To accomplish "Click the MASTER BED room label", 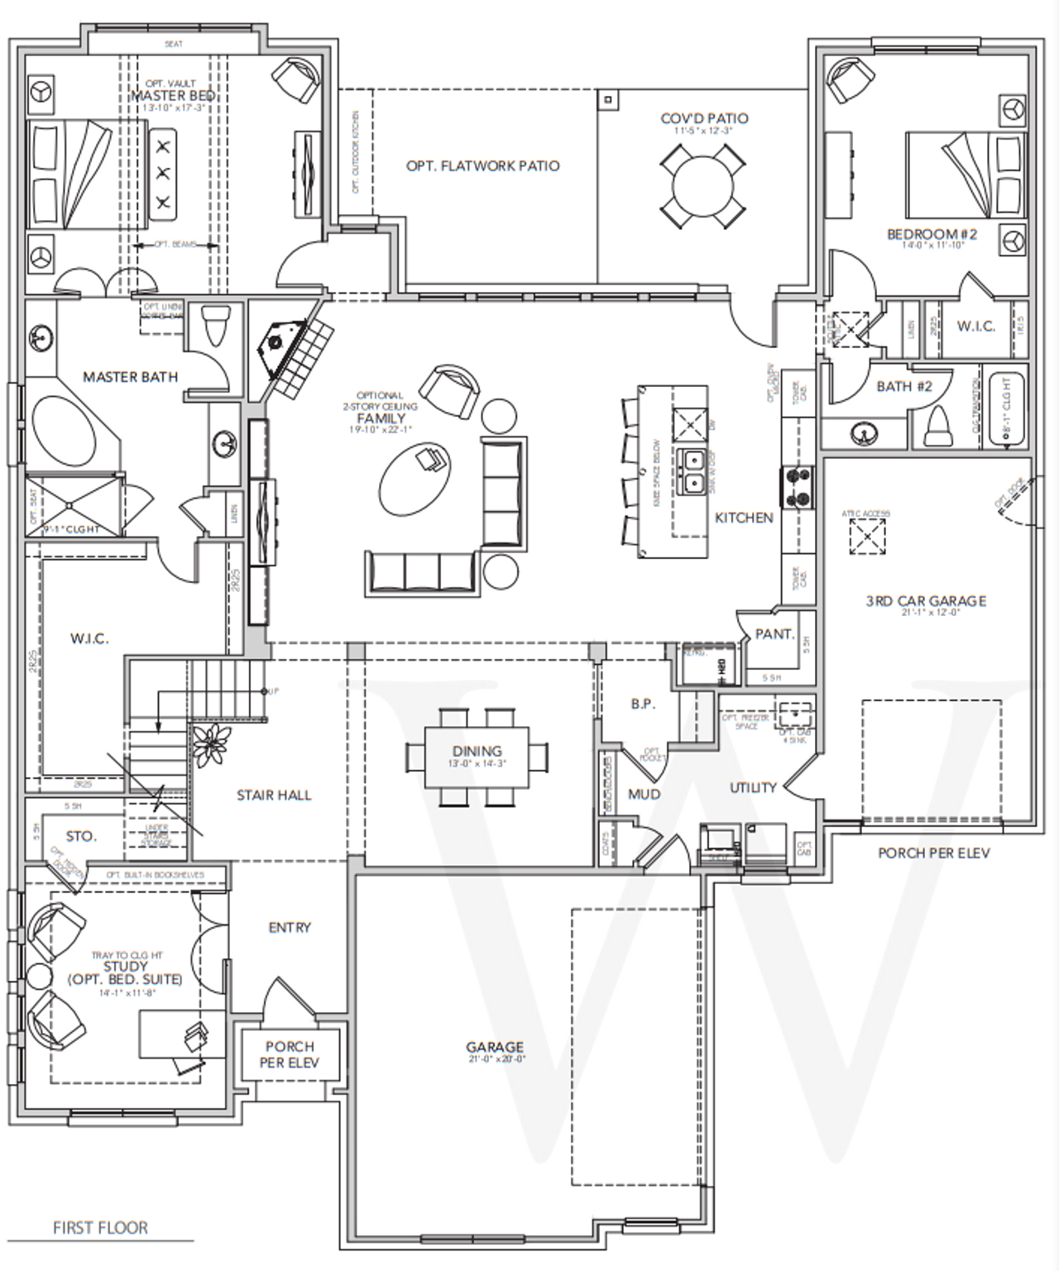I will pyautogui.click(x=173, y=96).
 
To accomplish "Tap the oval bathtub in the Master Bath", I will pyautogui.click(x=70, y=431).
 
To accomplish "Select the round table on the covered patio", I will pyautogui.click(x=702, y=186).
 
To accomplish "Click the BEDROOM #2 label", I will pyautogui.click(x=932, y=234).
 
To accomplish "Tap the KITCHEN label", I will pyautogui.click(x=744, y=518).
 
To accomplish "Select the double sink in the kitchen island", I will pyautogui.click(x=691, y=471).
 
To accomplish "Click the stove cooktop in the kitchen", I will pyautogui.click(x=798, y=487).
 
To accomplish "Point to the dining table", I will pyautogui.click(x=477, y=757).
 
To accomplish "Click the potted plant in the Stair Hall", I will pyautogui.click(x=211, y=743).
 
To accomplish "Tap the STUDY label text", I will pyautogui.click(x=126, y=966).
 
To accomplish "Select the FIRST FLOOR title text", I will pyautogui.click(x=100, y=1228).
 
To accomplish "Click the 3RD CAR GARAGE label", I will pyautogui.click(x=926, y=601).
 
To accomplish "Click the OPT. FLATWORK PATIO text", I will pyautogui.click(x=482, y=166).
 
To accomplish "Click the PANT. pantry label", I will pyautogui.click(x=774, y=634).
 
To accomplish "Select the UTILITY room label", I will pyautogui.click(x=753, y=787).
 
